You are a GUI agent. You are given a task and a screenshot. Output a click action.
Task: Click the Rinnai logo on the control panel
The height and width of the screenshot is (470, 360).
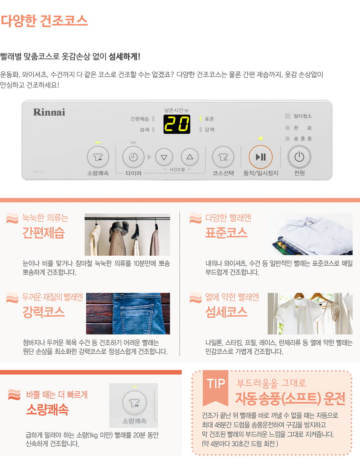[x=49, y=112]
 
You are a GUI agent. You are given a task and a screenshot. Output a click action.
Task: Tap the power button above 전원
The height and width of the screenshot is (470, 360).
[x=299, y=157]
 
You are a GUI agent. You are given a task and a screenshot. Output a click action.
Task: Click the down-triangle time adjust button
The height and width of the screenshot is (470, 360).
[x=164, y=157]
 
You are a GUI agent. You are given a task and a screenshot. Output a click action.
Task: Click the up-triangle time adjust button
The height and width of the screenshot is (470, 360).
[x=190, y=157]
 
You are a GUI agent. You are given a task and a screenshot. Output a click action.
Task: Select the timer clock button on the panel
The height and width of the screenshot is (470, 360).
[x=133, y=157]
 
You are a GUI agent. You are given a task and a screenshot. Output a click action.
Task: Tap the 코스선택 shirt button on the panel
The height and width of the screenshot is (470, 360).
[x=223, y=157]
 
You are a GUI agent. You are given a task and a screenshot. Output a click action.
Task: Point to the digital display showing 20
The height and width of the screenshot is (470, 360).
[x=177, y=124]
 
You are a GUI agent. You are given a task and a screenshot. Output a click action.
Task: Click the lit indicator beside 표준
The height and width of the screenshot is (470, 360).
[x=201, y=119]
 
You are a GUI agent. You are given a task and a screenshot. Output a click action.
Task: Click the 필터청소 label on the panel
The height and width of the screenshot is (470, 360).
[x=302, y=116]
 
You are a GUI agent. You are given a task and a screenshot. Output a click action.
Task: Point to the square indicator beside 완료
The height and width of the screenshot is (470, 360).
[x=287, y=128]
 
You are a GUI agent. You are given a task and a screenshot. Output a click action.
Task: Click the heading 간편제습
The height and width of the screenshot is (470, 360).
[x=44, y=233]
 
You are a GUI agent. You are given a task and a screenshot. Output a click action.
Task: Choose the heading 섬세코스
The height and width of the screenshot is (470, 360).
[x=226, y=312]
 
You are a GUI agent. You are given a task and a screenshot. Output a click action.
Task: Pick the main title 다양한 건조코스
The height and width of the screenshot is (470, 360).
[x=44, y=21]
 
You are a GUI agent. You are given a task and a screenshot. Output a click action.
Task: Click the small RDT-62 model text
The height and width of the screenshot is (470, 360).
[x=39, y=172]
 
